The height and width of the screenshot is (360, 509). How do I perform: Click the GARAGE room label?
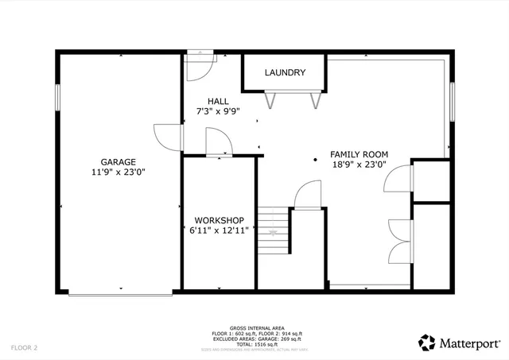(118, 161)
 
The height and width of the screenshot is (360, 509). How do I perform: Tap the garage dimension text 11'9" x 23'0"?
(118, 171)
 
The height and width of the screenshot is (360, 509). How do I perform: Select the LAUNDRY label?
(285, 73)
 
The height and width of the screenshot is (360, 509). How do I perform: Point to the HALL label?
(218, 101)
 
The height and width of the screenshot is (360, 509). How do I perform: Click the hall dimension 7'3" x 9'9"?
(218, 111)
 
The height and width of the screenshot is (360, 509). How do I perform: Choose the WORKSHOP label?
(219, 220)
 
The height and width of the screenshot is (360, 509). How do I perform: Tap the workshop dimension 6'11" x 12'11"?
(219, 230)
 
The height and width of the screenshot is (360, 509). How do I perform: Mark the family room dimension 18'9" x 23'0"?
(359, 165)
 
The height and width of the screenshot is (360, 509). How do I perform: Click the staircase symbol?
(273, 231)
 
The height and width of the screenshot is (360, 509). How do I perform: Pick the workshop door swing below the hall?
(219, 143)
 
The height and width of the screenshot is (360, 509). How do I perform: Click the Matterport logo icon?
(426, 342)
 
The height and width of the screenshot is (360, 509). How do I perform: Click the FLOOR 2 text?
(24, 347)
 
